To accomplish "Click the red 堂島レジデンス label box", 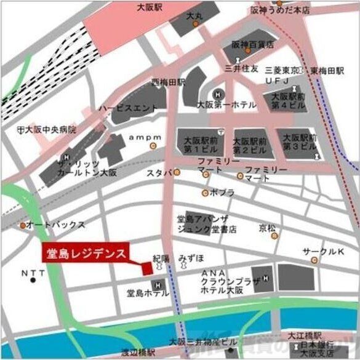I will (x=86, y=253).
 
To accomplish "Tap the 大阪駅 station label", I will (x=150, y=8).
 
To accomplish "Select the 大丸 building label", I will (x=194, y=15).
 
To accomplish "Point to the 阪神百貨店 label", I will (x=252, y=44).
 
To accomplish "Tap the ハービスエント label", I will (x=129, y=108).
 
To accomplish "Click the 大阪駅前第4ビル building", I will (x=289, y=101).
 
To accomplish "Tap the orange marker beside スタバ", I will (x=177, y=173).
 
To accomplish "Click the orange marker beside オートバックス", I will (x=23, y=226).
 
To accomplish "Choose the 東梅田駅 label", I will (x=327, y=70).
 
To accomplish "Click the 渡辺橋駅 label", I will (x=138, y=353).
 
